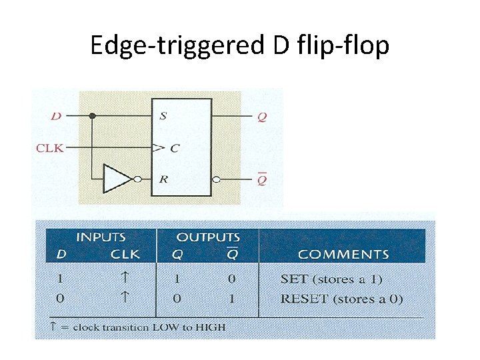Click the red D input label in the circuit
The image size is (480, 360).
tap(56, 116)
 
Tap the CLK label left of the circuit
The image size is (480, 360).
tap(50, 148)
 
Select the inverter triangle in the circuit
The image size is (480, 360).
tap(119, 179)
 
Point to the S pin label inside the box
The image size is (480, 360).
tap(163, 116)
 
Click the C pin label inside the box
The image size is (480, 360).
tap(174, 148)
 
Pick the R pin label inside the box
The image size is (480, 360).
tap(163, 179)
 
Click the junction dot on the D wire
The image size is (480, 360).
tap(93, 116)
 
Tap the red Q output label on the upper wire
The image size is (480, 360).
tap(262, 116)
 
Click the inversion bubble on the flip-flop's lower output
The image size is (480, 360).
tap(216, 179)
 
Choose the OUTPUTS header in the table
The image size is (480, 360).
tap(207, 237)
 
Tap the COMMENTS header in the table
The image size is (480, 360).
tap(343, 254)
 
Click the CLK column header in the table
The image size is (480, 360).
tap(125, 254)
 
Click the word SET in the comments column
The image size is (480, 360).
tap(293, 279)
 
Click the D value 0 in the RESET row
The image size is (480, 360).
tap(60, 299)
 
